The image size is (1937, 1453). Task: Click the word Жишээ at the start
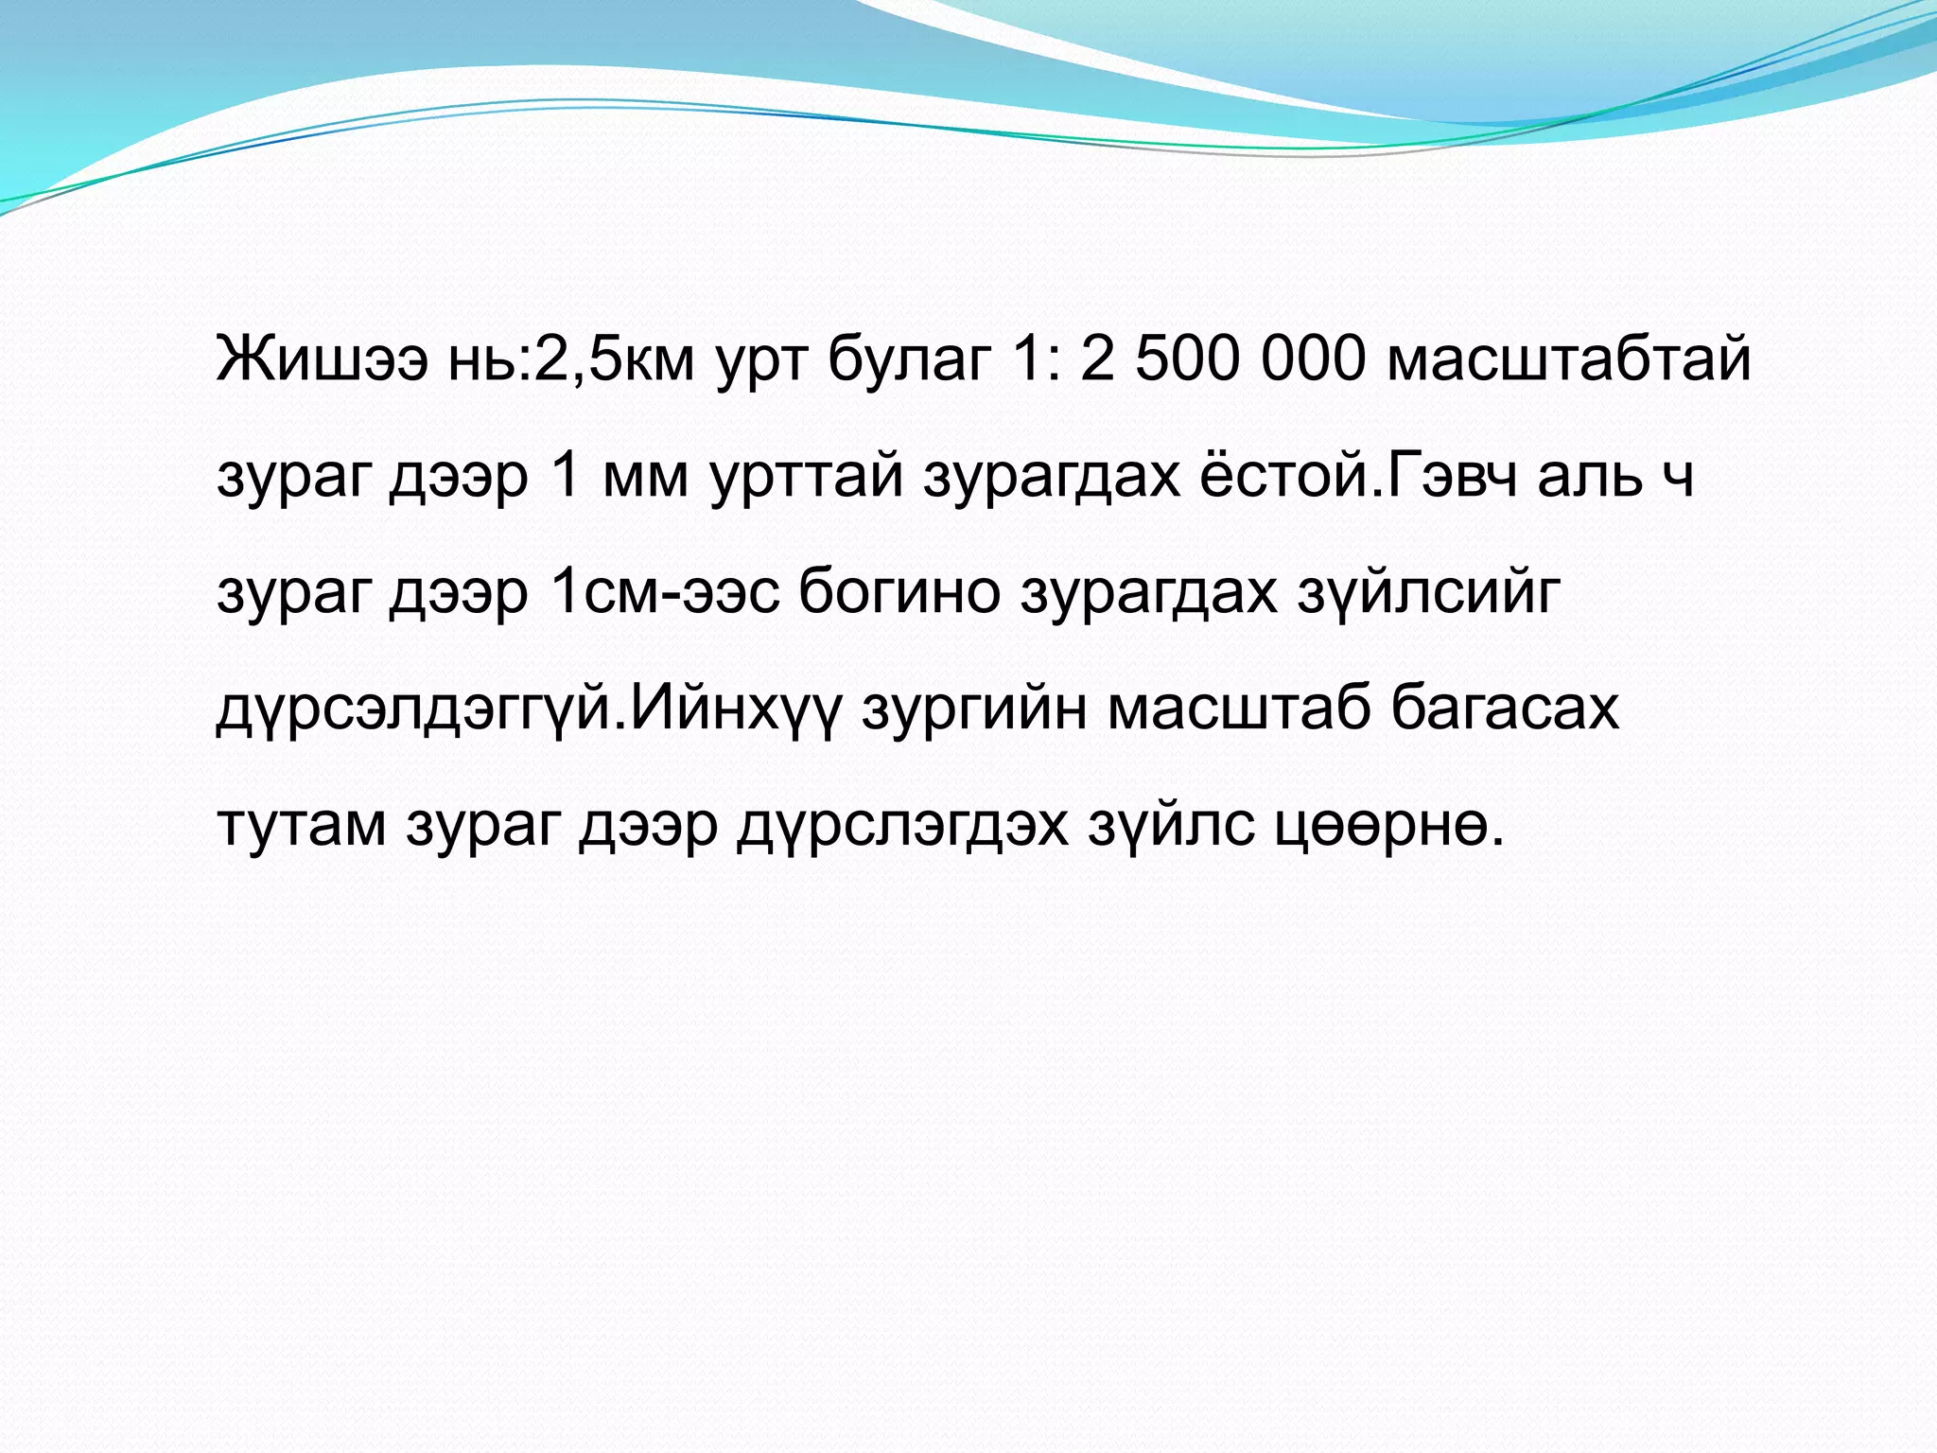pos(323,360)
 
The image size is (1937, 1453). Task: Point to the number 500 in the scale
pos(1186,360)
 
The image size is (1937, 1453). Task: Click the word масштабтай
pos(1569,360)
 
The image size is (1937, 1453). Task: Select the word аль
pos(1590,476)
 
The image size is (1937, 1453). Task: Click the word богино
pos(899,593)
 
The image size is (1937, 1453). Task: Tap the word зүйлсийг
pos(1427,593)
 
